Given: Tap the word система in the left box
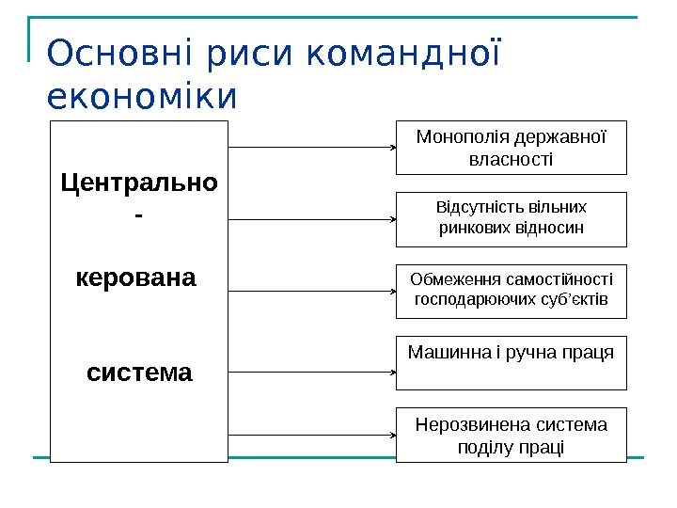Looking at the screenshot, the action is pos(139,373).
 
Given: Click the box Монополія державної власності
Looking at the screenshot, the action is pos(511,148).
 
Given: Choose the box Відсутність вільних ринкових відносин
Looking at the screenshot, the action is pos(511,216).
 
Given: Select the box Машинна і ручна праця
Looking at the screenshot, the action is pos(511,362).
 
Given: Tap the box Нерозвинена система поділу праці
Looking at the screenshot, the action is pos(511,435).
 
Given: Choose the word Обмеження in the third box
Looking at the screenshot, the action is pos(451,278).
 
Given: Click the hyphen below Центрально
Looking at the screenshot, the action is pos(139,216).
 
